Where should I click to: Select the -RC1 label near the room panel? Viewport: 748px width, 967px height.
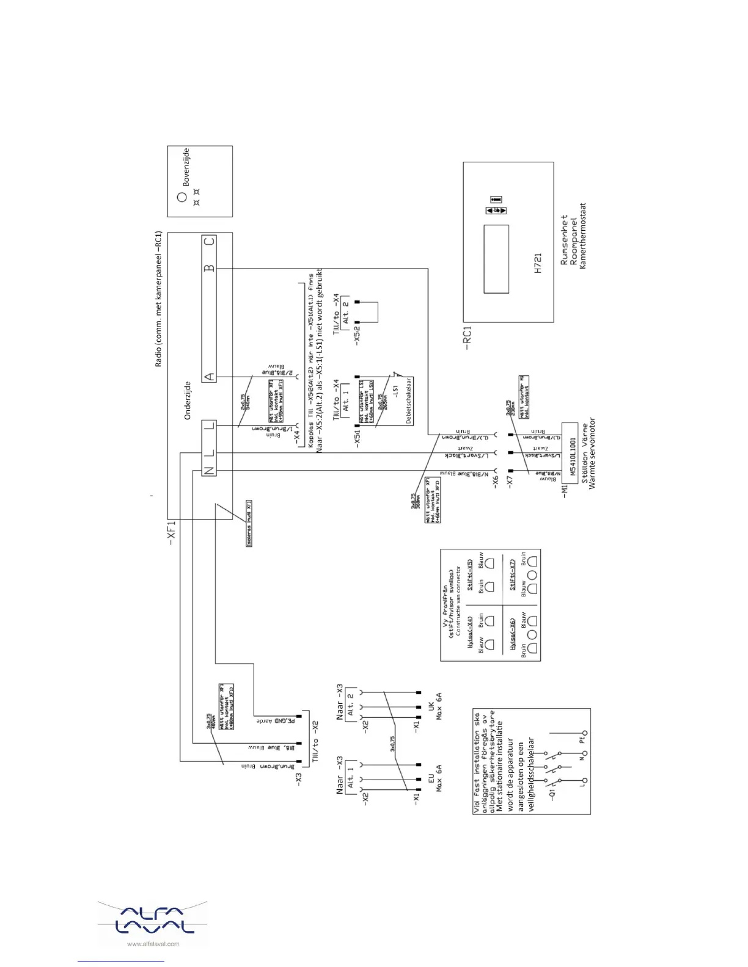467,338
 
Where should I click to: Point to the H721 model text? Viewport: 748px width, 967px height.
538,263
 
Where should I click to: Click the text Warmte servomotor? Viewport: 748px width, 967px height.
592,454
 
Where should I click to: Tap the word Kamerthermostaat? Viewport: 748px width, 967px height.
582,236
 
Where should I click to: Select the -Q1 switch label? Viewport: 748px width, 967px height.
552,794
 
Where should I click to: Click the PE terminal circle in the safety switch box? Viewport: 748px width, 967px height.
585,733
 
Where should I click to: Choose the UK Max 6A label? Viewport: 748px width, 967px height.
435,706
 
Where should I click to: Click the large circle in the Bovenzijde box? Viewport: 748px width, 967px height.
182,197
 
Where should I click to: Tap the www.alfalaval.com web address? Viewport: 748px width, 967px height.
153,944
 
